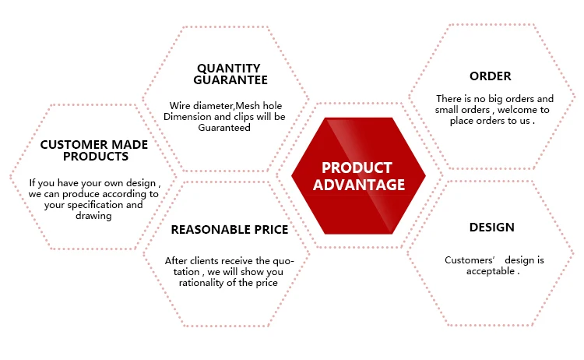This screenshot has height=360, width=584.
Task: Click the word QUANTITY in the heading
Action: (229, 69)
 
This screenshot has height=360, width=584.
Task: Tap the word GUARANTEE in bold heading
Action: (230, 79)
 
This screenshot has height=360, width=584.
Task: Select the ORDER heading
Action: (490, 76)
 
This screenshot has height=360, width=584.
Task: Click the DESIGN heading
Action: (491, 227)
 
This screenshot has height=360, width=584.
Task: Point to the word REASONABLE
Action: (210, 230)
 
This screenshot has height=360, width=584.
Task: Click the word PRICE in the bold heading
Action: (271, 230)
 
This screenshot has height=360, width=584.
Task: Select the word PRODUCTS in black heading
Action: (96, 156)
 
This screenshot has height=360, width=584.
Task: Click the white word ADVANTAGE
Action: (359, 185)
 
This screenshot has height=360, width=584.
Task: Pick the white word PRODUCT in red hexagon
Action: (357, 168)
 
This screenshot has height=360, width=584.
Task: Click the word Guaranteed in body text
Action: (224, 128)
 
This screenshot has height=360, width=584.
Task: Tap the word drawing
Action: (93, 216)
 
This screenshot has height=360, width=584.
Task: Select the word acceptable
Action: (490, 271)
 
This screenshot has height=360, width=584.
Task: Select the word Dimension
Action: (182, 117)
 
